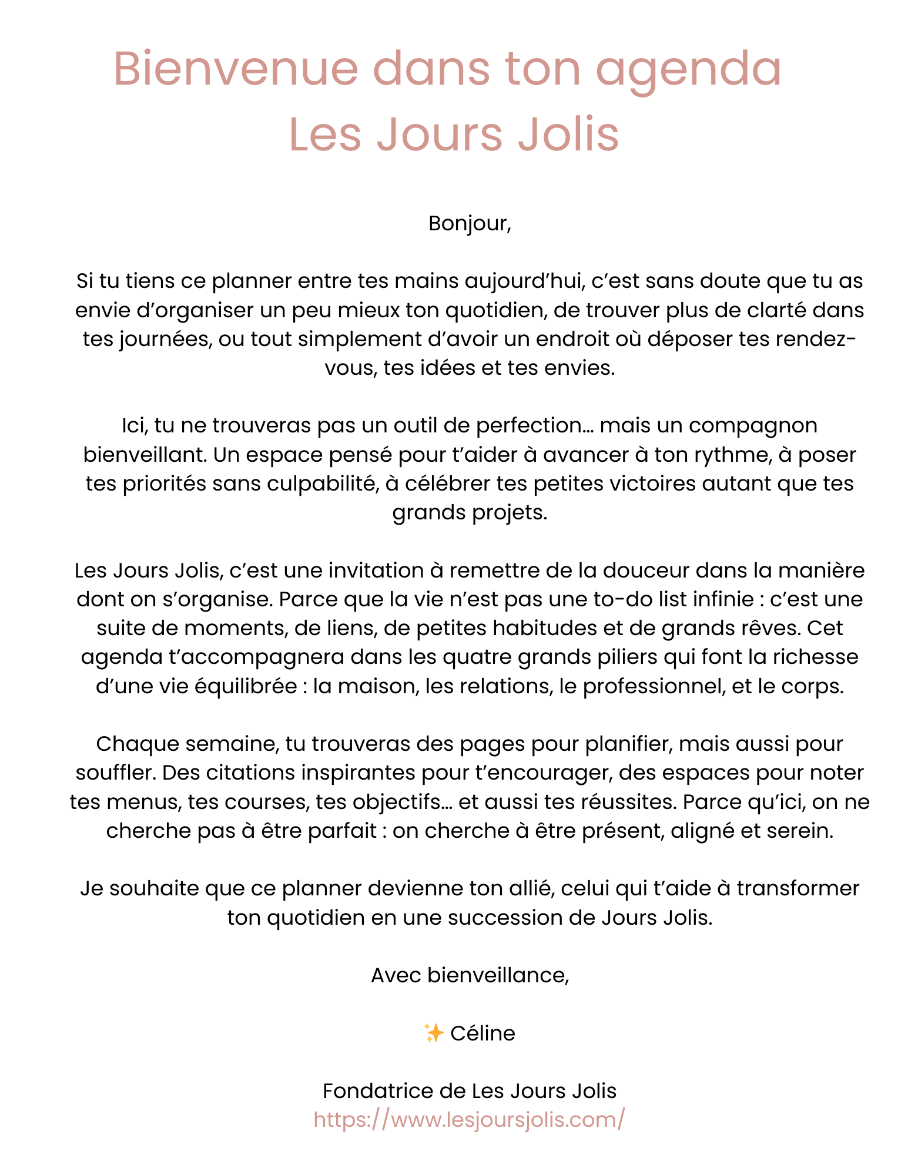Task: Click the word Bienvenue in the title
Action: [x=235, y=69]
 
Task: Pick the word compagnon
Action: [x=753, y=425]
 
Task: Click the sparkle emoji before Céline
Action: [x=434, y=1033]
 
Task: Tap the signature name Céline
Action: [x=483, y=1033]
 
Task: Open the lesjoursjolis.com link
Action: [x=469, y=1120]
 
